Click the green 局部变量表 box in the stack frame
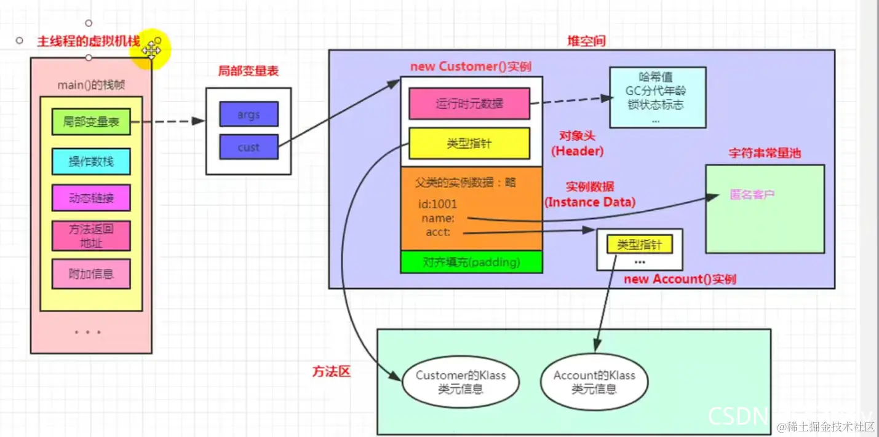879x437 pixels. click(x=91, y=122)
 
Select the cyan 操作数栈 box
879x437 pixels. click(x=91, y=162)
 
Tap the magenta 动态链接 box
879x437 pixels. click(x=91, y=199)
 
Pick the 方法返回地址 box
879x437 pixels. click(x=91, y=236)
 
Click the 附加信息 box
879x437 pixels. click(x=91, y=274)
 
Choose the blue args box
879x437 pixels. click(x=249, y=114)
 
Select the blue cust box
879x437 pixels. click(x=249, y=148)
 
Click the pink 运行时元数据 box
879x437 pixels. click(x=469, y=104)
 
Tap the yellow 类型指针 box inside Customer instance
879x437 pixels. click(x=469, y=143)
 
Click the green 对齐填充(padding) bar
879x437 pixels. click(x=471, y=262)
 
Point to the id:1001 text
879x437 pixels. click(x=438, y=204)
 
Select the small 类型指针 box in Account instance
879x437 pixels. click(x=639, y=245)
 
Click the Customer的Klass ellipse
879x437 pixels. click(x=461, y=382)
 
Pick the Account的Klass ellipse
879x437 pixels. click(x=594, y=382)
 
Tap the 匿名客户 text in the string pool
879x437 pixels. click(x=752, y=195)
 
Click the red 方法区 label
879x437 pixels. click(x=331, y=371)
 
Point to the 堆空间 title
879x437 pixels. click(x=586, y=41)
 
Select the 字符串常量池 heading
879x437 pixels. click(x=765, y=154)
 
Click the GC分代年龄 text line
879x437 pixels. click(x=656, y=91)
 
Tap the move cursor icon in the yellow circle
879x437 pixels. click(x=151, y=49)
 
